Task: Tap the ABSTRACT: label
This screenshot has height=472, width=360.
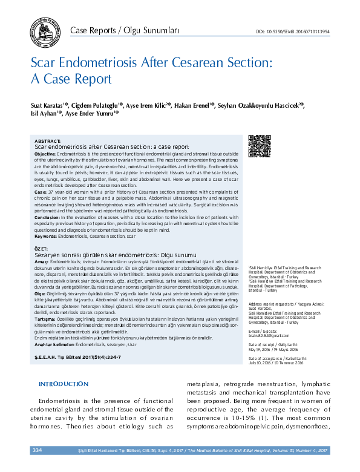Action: click(48, 140)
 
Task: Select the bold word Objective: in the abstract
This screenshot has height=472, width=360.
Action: click(45, 154)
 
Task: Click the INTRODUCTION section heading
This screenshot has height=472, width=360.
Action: click(64, 384)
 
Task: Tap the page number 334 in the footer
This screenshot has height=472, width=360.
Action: click(38, 450)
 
